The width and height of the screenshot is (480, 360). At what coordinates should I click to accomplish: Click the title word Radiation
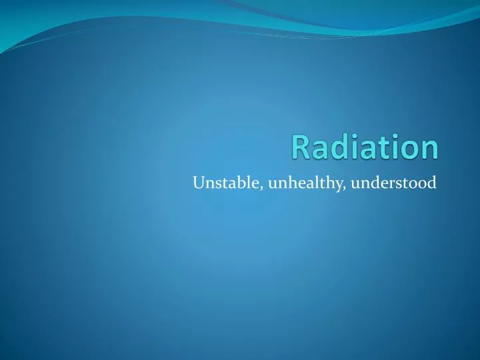(x=365, y=147)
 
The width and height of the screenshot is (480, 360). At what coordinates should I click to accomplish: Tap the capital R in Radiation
(x=300, y=147)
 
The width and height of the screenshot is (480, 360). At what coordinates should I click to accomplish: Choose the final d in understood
(x=432, y=182)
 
